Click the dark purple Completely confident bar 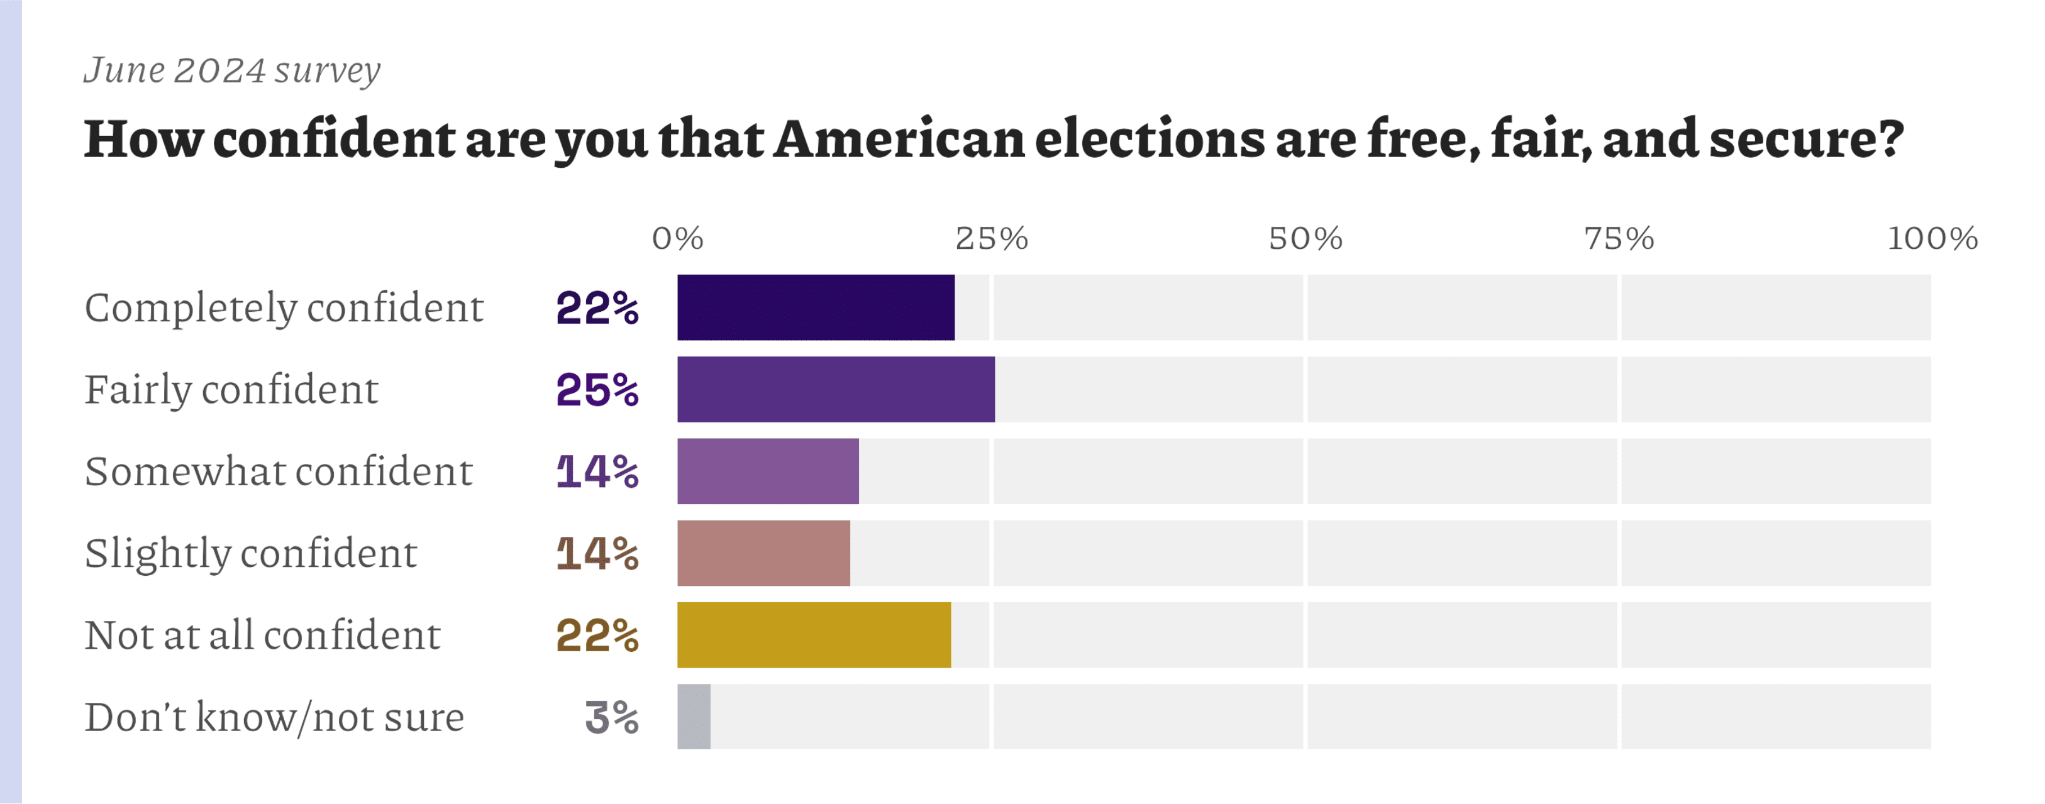pyautogui.click(x=816, y=307)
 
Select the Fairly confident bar pyautogui.click(x=835, y=389)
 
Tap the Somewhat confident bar pyautogui.click(x=768, y=471)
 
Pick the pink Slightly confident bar pyautogui.click(x=763, y=553)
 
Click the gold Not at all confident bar pyautogui.click(x=814, y=635)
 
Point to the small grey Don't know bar pyautogui.click(x=694, y=717)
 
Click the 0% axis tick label pyautogui.click(x=677, y=238)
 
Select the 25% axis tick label pyautogui.click(x=991, y=238)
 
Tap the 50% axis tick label pyautogui.click(x=1305, y=238)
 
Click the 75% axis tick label pyautogui.click(x=1619, y=238)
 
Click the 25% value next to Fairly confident pyautogui.click(x=597, y=390)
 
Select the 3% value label pyautogui.click(x=611, y=717)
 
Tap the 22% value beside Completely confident pyautogui.click(x=597, y=308)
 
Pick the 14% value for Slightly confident pyautogui.click(x=597, y=554)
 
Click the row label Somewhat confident pyautogui.click(x=279, y=471)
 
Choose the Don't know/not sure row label pyautogui.click(x=274, y=717)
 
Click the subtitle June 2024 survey pyautogui.click(x=232, y=70)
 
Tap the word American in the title pyautogui.click(x=899, y=140)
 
